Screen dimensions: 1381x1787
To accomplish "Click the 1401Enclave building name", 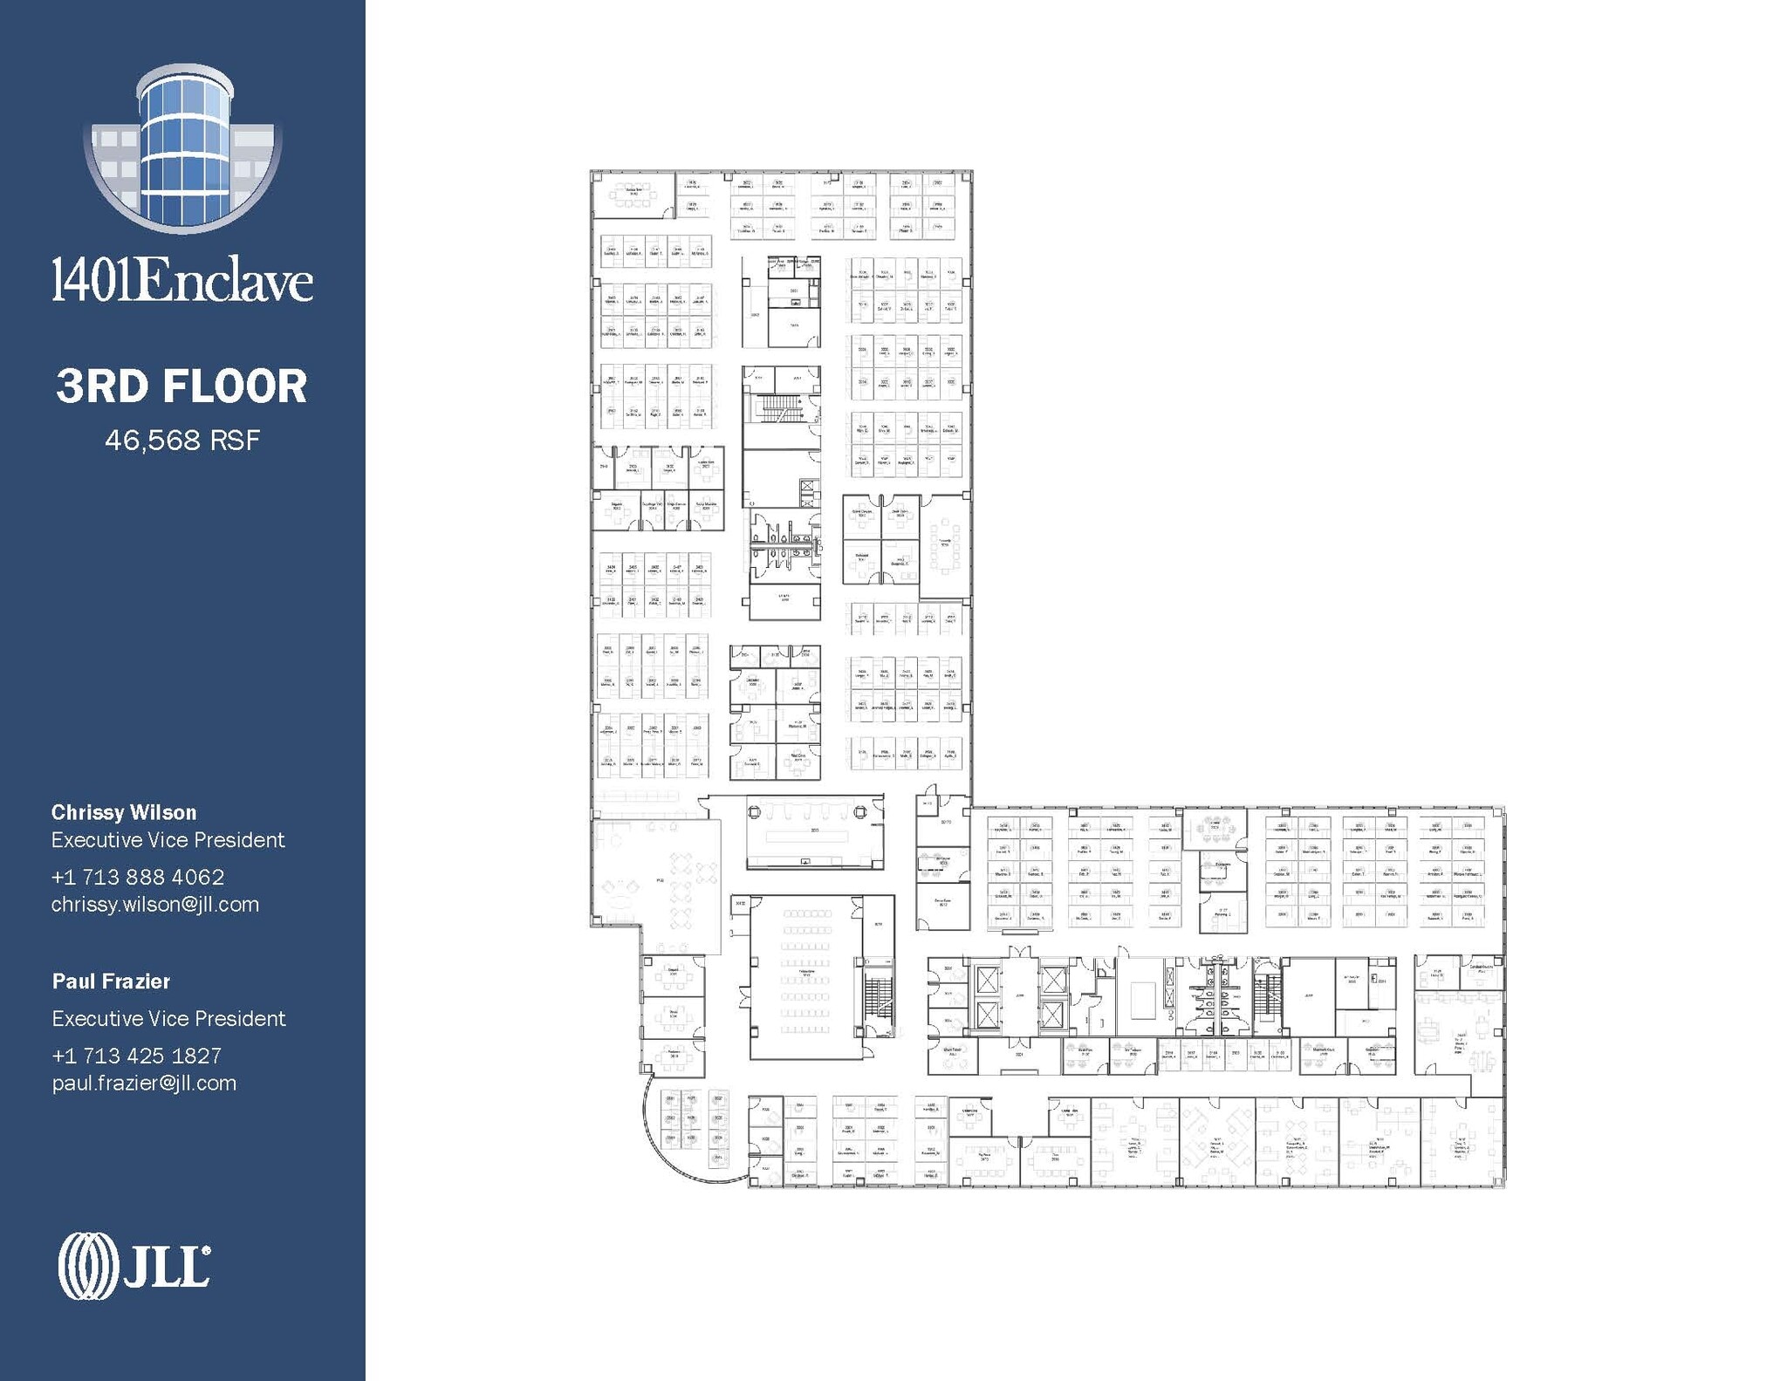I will pyautogui.click(x=182, y=281).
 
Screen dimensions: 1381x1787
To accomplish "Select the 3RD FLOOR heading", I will pyautogui.click(x=182, y=386).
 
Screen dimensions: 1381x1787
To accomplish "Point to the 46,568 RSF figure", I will pyautogui.click(x=182, y=440).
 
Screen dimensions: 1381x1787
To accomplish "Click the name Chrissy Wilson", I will pyautogui.click(x=124, y=812).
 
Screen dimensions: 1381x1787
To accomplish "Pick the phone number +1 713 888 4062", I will pyautogui.click(x=138, y=877).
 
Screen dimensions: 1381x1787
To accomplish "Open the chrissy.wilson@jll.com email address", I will pyautogui.click(x=155, y=905).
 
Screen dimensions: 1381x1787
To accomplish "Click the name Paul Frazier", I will pyautogui.click(x=111, y=981).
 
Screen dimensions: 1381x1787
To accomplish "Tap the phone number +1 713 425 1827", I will pyautogui.click(x=137, y=1056).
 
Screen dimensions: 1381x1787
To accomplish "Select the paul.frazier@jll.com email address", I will pyautogui.click(x=144, y=1084).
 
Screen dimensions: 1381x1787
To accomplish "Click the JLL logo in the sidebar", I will pyautogui.click(x=134, y=1266).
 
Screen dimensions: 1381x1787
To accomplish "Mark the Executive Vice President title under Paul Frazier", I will pyautogui.click(x=168, y=1018).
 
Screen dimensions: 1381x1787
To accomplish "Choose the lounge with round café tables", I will pyautogui.click(x=681, y=890).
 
